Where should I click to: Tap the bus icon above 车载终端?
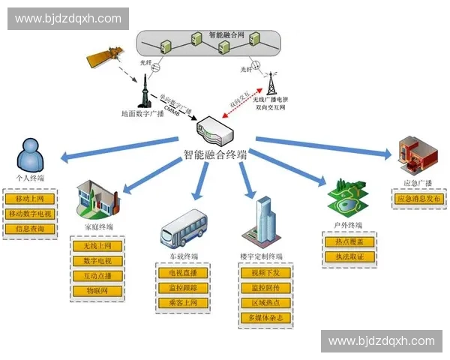(182, 229)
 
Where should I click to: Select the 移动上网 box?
(30, 199)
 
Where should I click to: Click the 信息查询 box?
(30, 228)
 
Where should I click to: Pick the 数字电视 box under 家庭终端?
(97, 261)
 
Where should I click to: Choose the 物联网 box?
(97, 290)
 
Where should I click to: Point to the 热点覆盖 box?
(349, 242)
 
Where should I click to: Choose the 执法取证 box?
(349, 257)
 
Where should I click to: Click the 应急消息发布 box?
(419, 199)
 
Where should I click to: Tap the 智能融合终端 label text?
(215, 154)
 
